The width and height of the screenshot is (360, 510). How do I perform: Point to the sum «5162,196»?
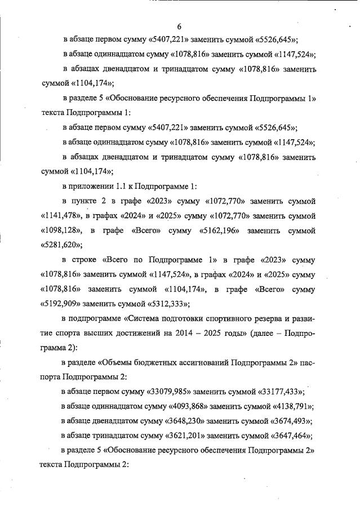pos(216,231)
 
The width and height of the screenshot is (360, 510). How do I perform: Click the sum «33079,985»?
pos(172,392)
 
